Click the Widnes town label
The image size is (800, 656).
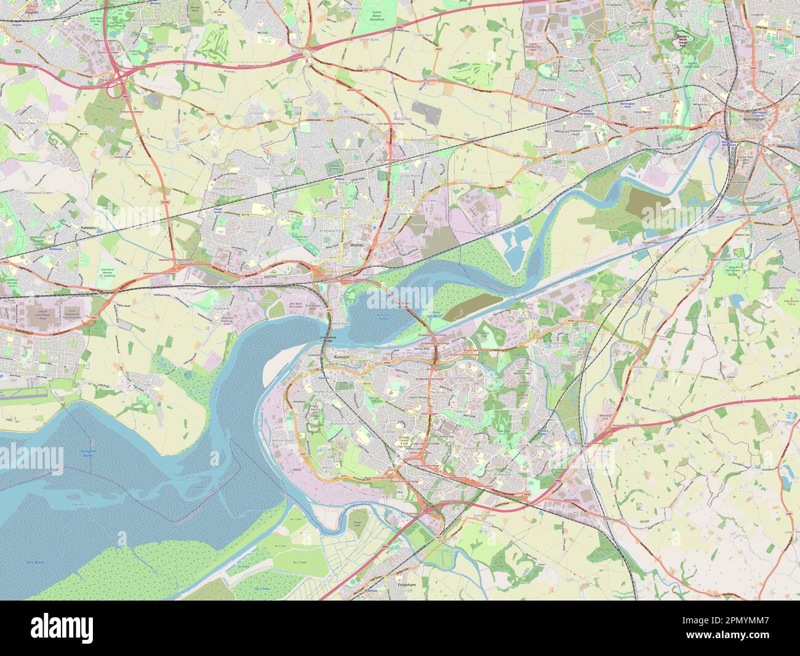point(357,245)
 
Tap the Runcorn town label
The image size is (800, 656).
point(340,357)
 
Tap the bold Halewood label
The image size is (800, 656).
point(90,227)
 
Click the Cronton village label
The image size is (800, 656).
point(257,113)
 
